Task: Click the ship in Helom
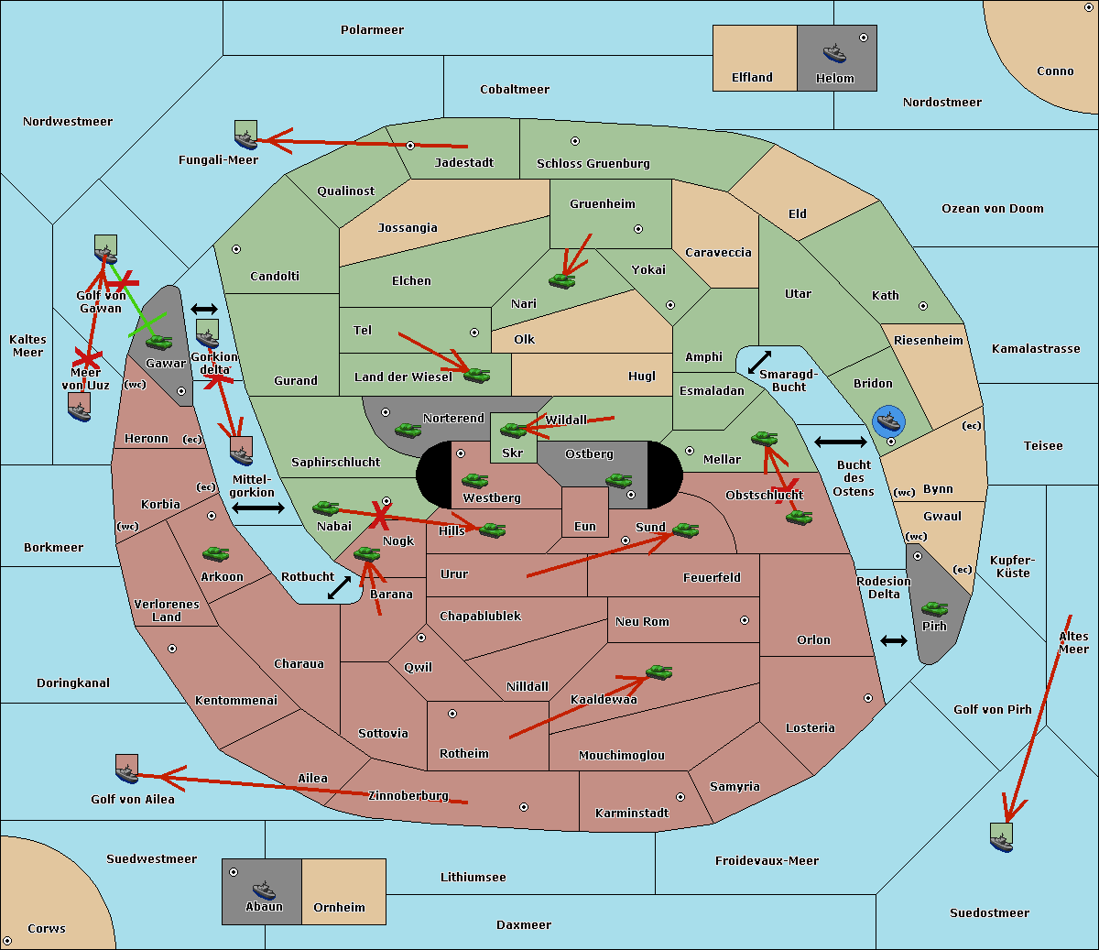pos(834,53)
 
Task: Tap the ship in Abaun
pos(265,890)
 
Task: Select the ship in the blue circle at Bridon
pos(888,421)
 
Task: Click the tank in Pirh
pos(934,608)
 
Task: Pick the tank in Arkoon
pos(215,554)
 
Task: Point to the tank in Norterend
pos(408,430)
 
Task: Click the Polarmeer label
pos(372,30)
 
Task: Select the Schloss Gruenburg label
pos(593,163)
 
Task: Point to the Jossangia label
pos(408,228)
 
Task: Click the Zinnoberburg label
pos(408,795)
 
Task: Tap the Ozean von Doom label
pos(992,209)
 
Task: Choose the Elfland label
pos(752,78)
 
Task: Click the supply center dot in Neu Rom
pos(745,620)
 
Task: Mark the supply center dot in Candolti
pos(236,249)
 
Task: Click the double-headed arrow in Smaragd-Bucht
pos(759,362)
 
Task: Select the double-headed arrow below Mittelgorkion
pos(258,508)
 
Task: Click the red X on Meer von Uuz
pos(88,358)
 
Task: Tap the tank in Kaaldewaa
pos(658,672)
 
